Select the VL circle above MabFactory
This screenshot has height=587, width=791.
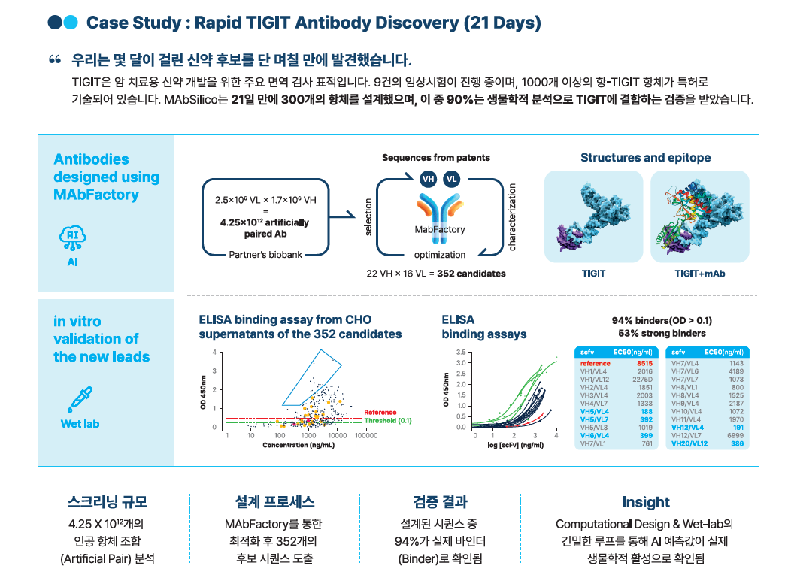[x=451, y=179]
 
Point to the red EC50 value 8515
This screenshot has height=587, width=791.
[x=644, y=364]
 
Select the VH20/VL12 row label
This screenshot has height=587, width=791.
[x=690, y=444]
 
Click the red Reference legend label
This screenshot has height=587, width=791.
[x=380, y=412]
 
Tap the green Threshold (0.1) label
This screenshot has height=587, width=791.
[x=388, y=421]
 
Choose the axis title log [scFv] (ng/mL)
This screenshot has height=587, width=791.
[x=511, y=446]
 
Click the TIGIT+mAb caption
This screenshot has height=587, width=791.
[x=699, y=274]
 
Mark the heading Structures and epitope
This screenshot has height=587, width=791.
[x=645, y=158]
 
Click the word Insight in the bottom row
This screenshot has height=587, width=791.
[x=645, y=502]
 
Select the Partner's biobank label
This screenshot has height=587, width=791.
[x=265, y=255]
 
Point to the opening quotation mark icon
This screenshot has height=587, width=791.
[x=54, y=59]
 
